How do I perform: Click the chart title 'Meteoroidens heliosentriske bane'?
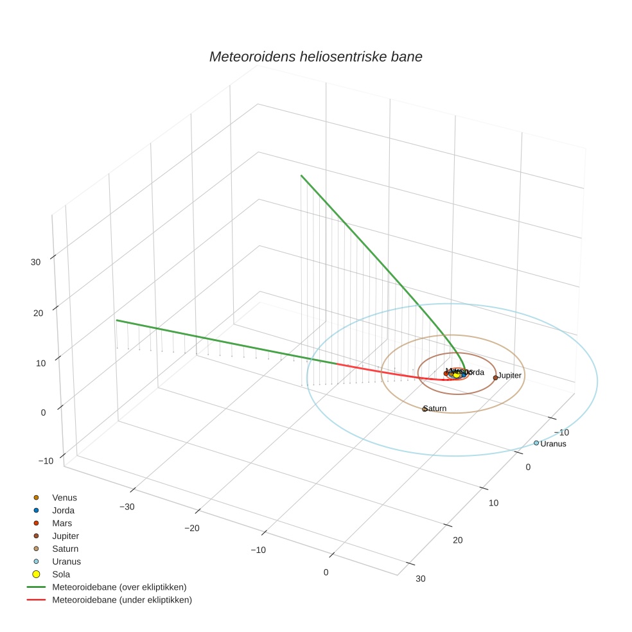[x=315, y=57]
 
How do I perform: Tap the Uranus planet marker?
[x=536, y=443]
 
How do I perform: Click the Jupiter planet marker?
[x=495, y=378]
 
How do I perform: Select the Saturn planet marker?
[x=425, y=409]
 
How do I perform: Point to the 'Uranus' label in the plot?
[x=554, y=444]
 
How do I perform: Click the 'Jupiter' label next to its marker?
[x=509, y=375]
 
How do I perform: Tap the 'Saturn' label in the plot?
[x=435, y=408]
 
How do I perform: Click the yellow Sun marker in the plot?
[x=457, y=374]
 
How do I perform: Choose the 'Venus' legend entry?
[x=64, y=497]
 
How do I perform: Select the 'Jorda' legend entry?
[x=63, y=510]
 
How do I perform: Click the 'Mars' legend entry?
[x=62, y=523]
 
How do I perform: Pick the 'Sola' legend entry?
[x=61, y=574]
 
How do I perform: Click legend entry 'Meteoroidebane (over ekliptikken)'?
[x=119, y=587]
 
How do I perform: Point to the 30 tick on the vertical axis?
[x=36, y=262]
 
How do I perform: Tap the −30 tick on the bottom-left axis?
[x=127, y=507]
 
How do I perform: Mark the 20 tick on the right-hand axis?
[x=457, y=540]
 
